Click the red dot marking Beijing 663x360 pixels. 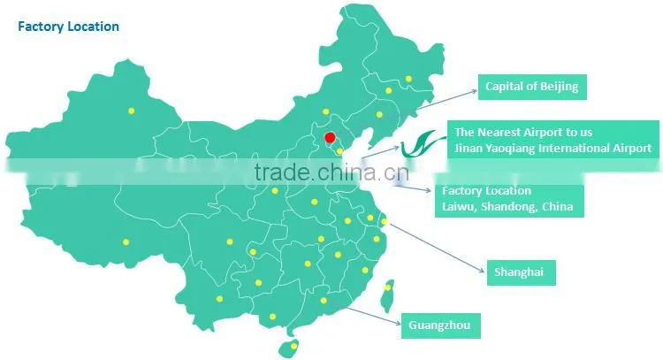point(330,137)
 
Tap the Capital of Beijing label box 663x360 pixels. point(532,88)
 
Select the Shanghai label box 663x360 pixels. point(522,272)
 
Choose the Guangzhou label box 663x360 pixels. point(440,326)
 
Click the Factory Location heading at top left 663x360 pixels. point(68,27)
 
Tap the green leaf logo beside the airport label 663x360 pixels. point(422,144)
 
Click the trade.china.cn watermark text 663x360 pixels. point(331,172)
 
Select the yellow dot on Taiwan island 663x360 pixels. point(388,287)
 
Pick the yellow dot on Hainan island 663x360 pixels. point(293,347)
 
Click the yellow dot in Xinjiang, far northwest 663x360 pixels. point(132,111)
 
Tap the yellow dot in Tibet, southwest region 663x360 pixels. point(126,242)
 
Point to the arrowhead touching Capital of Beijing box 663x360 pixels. point(475,90)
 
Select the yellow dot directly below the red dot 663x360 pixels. point(339,151)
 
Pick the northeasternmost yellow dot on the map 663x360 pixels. point(408,79)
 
